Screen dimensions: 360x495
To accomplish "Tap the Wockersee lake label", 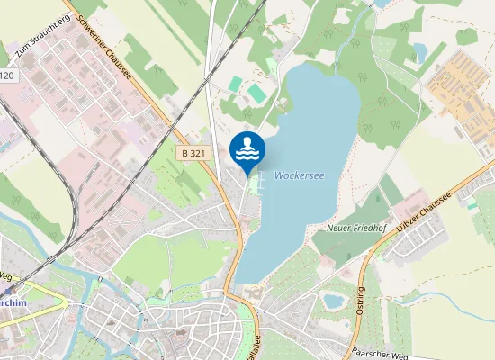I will (299, 175).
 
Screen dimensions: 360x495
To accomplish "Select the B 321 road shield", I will (193, 154).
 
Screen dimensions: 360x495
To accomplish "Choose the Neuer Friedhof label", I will (355, 230).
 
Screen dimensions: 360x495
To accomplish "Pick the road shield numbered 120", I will (6, 76).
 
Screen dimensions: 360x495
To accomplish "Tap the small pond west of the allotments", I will (419, 51).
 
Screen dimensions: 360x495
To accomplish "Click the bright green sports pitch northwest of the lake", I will (257, 93).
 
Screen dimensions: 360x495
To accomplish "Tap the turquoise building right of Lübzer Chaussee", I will (472, 204).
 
